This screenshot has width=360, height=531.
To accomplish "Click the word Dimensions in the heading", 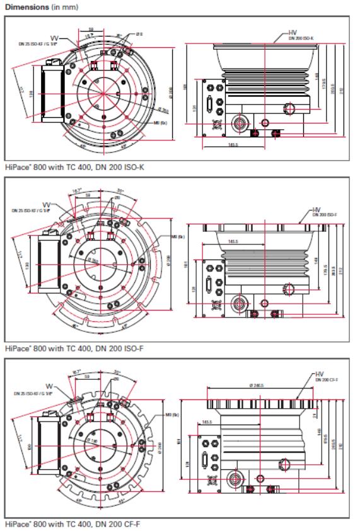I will pyautogui.click(x=26, y=6).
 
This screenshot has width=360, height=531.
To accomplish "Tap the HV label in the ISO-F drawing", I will pyautogui.click(x=316, y=209).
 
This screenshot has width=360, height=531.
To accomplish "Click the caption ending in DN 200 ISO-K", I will pyautogui.click(x=75, y=168).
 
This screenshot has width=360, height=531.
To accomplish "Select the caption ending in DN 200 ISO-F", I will pyautogui.click(x=74, y=348).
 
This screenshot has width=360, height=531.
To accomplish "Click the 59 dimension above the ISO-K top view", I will pyautogui.click(x=91, y=30).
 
